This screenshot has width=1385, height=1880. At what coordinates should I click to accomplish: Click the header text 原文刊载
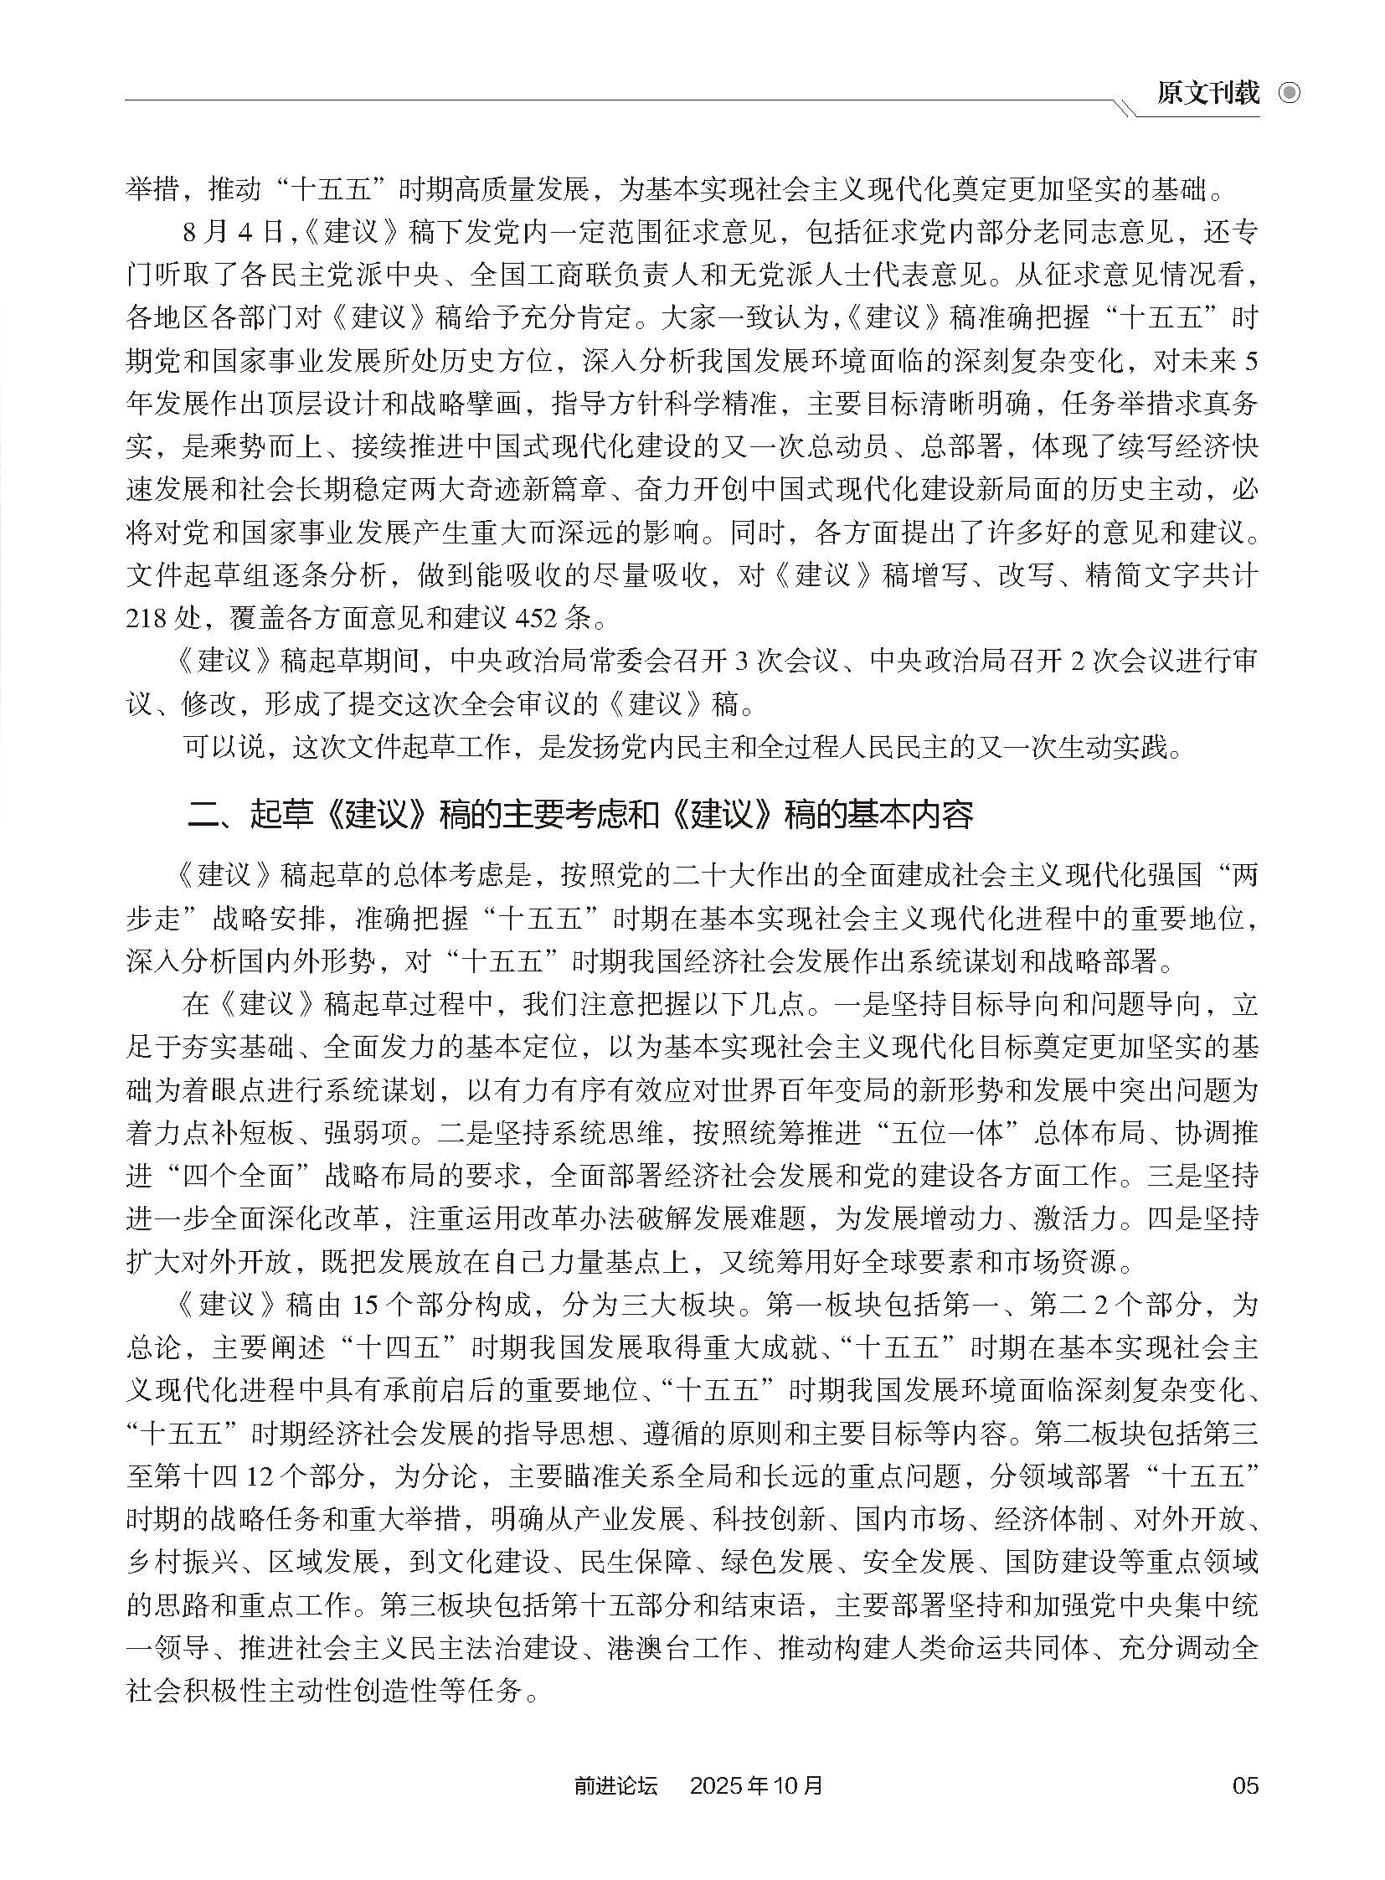click(1207, 93)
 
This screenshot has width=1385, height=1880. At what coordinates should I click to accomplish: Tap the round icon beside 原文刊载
click(1289, 93)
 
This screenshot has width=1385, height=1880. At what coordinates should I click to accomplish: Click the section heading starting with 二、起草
click(580, 814)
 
